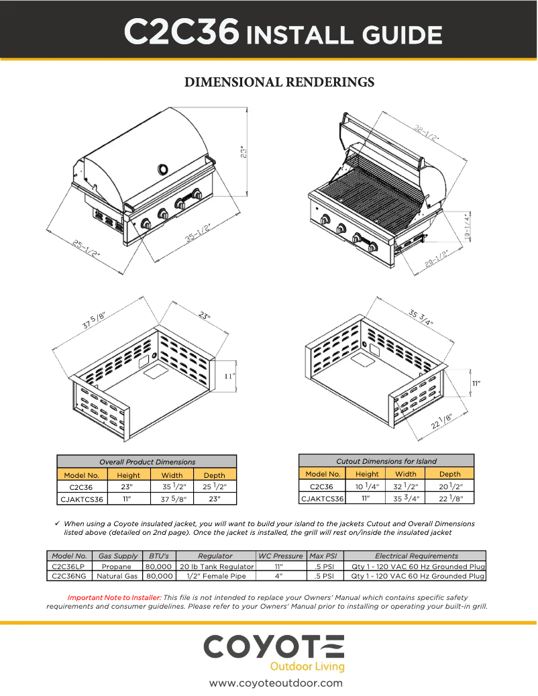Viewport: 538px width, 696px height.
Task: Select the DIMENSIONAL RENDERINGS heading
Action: coord(279,83)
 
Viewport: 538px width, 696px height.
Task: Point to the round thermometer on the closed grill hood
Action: coord(163,168)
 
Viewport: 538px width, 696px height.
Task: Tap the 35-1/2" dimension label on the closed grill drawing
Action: coord(199,235)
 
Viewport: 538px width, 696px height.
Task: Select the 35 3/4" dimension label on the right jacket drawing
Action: coord(421,317)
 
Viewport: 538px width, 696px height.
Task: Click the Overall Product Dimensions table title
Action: coord(147,462)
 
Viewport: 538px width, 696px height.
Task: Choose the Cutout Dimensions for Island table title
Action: coord(386,461)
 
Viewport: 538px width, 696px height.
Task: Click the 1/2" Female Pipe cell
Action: coord(215,576)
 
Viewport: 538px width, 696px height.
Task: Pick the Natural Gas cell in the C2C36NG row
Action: coord(117,576)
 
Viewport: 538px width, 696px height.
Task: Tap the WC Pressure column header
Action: coord(280,556)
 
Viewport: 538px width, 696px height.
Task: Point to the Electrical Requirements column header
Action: coord(416,556)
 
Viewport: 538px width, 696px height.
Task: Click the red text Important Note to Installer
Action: coord(114,597)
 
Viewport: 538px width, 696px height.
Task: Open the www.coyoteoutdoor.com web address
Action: coord(276,683)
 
